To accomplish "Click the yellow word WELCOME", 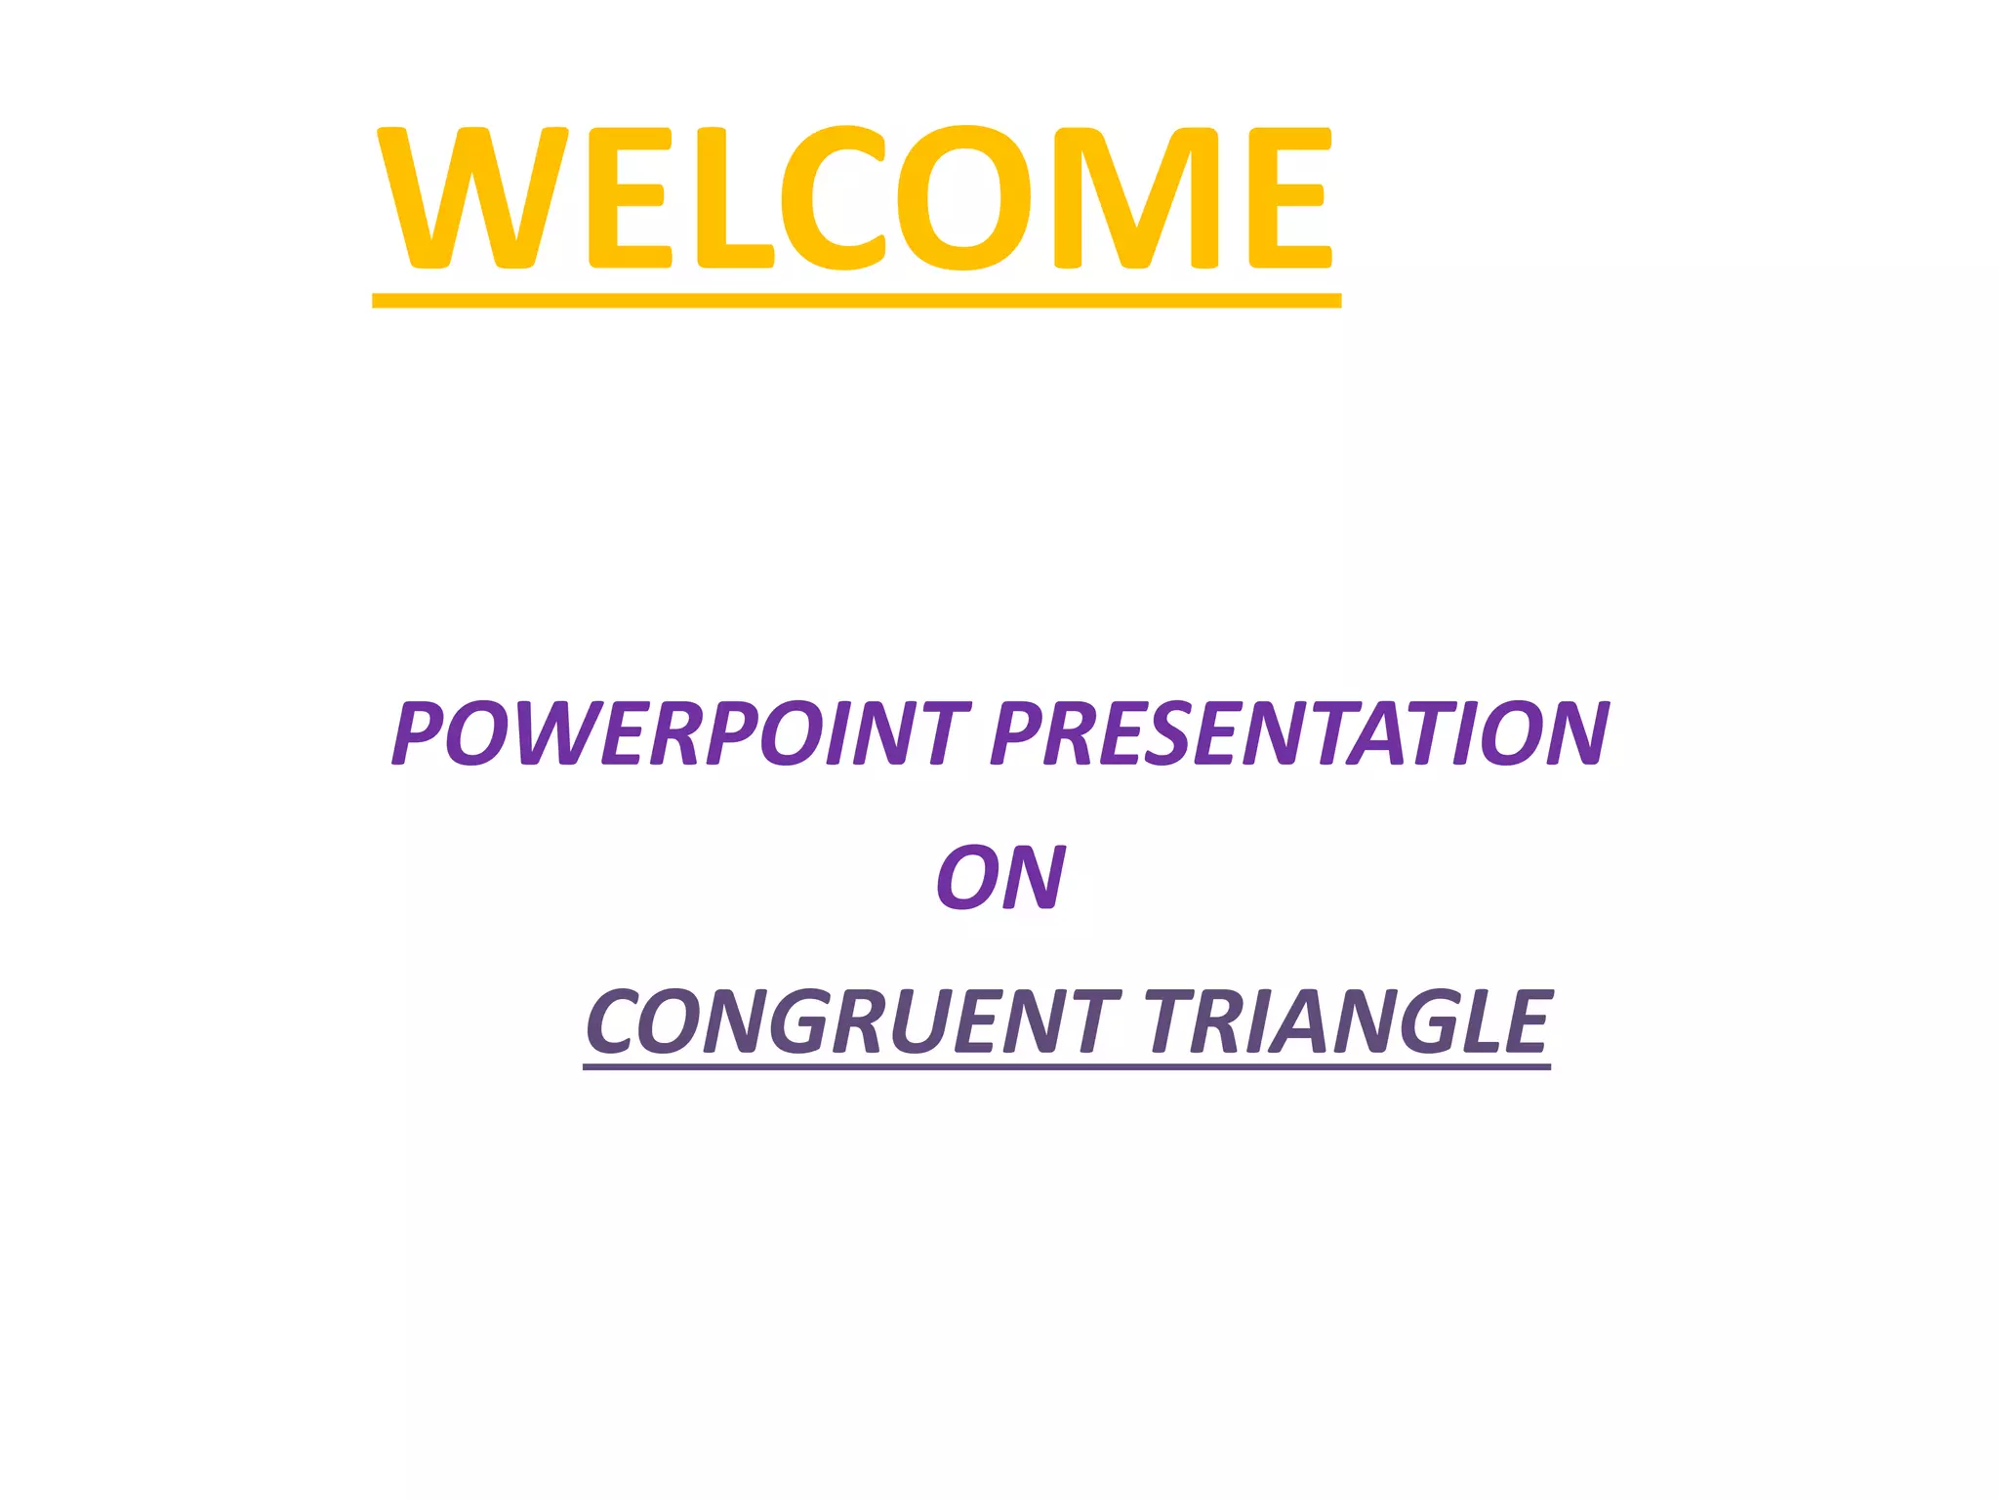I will [855, 197].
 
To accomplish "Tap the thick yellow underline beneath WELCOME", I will [855, 301].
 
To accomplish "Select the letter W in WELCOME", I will [472, 197].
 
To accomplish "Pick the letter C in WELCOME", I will [833, 197].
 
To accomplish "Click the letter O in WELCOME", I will [963, 197].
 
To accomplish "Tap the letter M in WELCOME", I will [1136, 197].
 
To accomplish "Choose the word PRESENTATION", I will [1299, 733].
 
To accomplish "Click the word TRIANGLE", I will [1347, 1021].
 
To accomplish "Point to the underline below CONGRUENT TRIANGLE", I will [1066, 1066].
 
